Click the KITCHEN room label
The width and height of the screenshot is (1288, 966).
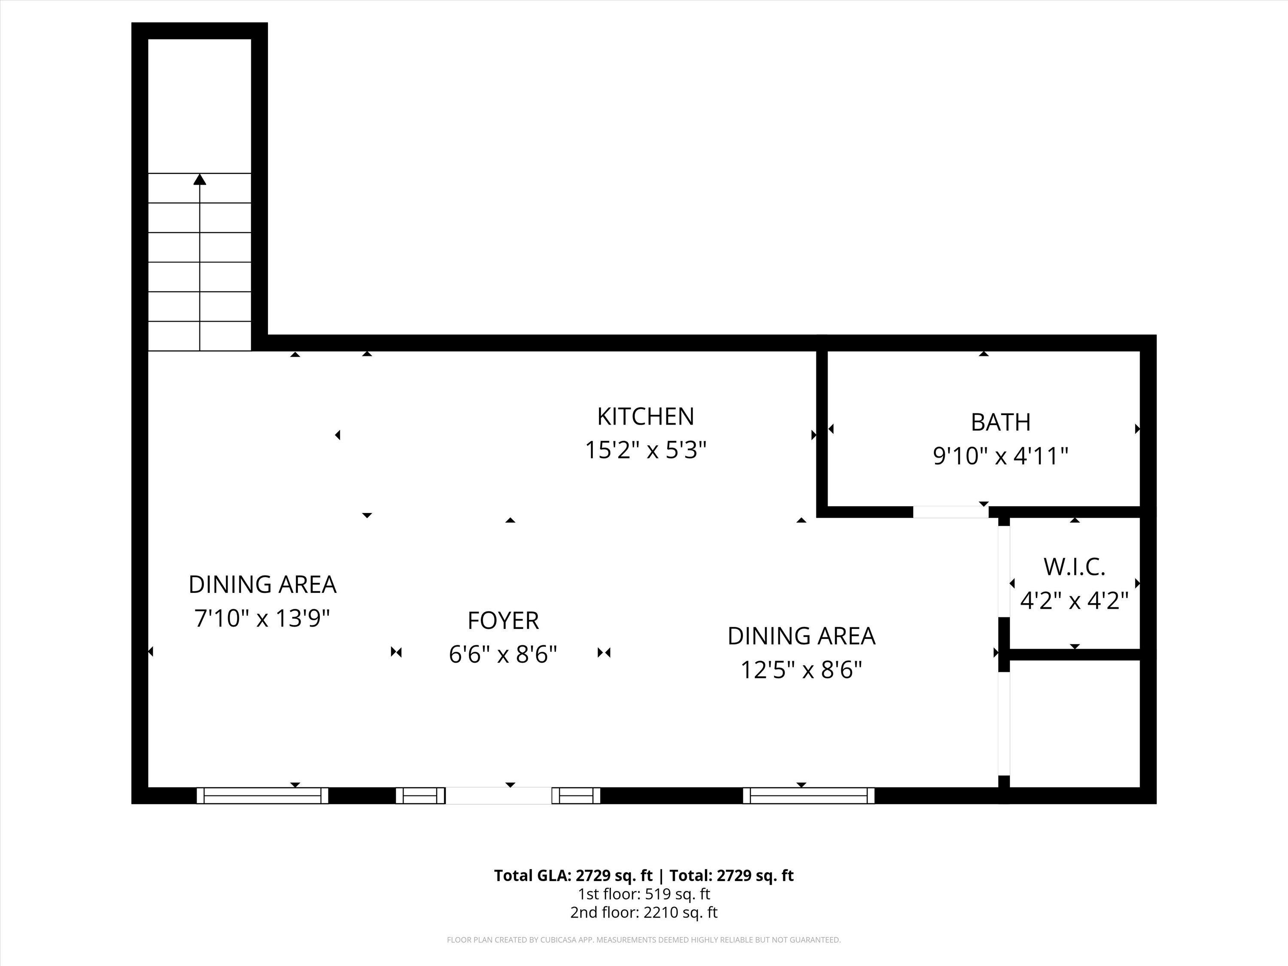tap(646, 416)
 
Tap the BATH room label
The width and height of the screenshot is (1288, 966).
tap(1000, 422)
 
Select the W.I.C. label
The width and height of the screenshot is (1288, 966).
tap(1074, 567)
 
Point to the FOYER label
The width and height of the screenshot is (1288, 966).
tap(503, 621)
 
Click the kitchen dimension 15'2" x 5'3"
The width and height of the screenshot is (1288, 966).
tap(646, 450)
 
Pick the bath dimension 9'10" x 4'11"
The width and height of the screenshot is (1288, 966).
tap(1000, 456)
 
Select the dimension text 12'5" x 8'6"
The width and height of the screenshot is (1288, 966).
tap(801, 670)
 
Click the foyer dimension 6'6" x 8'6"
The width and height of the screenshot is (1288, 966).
tap(503, 654)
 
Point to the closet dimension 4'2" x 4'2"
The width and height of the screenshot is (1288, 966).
tap(1074, 600)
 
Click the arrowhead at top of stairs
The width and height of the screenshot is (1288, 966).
tap(200, 179)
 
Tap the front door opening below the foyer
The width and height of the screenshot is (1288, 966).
tap(498, 796)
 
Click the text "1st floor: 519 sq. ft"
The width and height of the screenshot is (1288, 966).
tap(644, 894)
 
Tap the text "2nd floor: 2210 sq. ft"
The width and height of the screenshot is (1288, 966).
tap(644, 912)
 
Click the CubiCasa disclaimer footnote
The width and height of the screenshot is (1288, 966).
tap(644, 940)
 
